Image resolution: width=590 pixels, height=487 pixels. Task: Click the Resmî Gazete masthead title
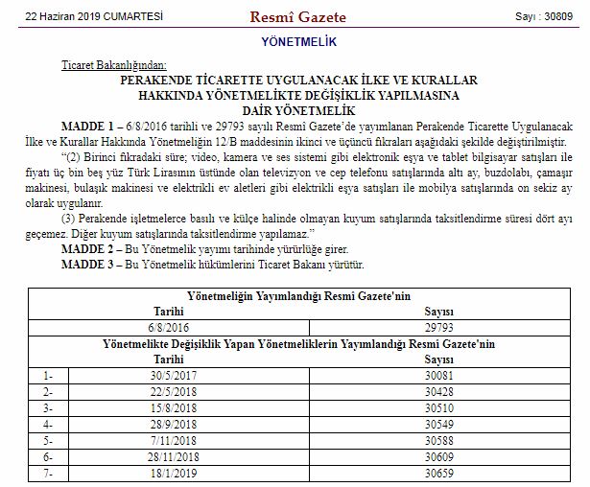(297, 16)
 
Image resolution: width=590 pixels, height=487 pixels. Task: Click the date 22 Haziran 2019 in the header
(81, 16)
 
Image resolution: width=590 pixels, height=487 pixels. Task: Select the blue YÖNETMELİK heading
(297, 44)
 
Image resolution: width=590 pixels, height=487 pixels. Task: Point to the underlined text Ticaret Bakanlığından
(106, 63)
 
